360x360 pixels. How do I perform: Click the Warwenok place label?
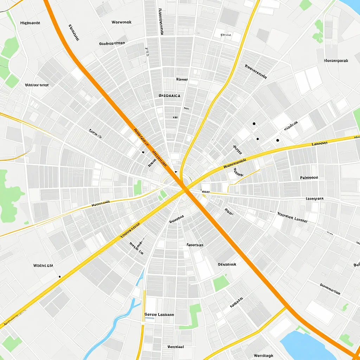point(121,22)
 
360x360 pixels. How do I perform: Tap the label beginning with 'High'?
point(30,23)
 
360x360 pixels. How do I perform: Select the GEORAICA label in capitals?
point(169,95)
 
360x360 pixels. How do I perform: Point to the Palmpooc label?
point(309,178)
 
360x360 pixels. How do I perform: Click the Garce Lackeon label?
point(159,315)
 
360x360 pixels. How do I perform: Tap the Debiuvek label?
point(227,264)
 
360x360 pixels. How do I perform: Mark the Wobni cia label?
point(43,265)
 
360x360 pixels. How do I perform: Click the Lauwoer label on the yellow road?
point(319,143)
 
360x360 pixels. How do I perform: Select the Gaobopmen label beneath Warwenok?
point(112,44)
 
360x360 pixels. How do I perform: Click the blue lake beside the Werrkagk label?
point(302,345)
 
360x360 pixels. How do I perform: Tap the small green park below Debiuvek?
point(221,283)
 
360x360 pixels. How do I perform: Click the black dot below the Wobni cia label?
point(59,277)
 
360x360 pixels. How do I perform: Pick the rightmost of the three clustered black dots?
point(278,140)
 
